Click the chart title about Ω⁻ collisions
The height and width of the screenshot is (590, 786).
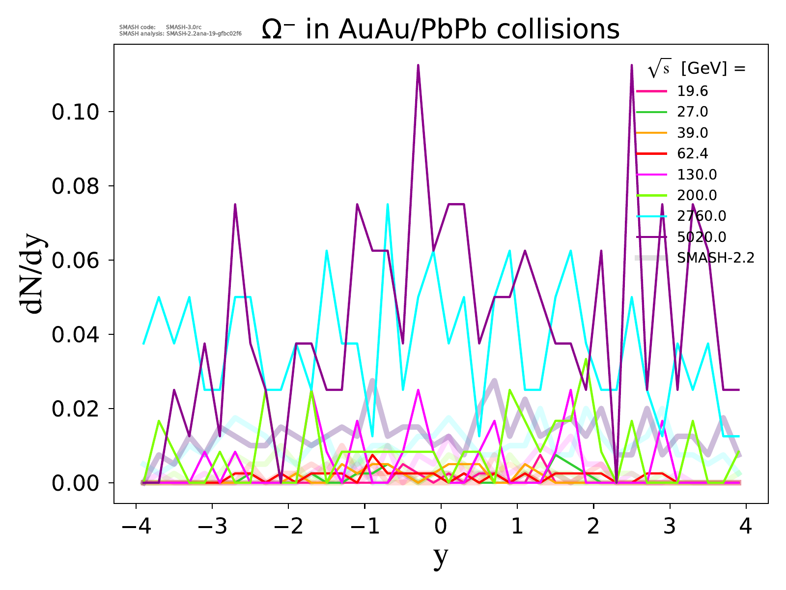[440, 29]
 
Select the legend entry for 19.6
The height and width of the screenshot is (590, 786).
[692, 91]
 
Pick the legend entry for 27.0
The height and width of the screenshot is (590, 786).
[692, 112]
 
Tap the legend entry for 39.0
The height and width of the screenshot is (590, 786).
[692, 133]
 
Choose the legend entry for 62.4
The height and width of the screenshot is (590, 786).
[692, 154]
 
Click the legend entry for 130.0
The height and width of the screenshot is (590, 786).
[697, 175]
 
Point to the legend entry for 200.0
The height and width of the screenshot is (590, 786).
[697, 195]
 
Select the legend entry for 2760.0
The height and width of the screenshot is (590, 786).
[701, 216]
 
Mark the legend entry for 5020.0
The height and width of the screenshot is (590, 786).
[701, 237]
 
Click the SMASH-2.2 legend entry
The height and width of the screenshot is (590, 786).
[715, 258]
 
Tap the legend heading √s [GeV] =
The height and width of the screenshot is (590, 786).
[697, 69]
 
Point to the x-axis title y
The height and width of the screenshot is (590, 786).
[441, 557]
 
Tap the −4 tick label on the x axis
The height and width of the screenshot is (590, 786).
[136, 527]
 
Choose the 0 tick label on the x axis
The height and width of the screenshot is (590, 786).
[441, 527]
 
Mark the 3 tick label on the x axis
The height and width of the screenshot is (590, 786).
[670, 527]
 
